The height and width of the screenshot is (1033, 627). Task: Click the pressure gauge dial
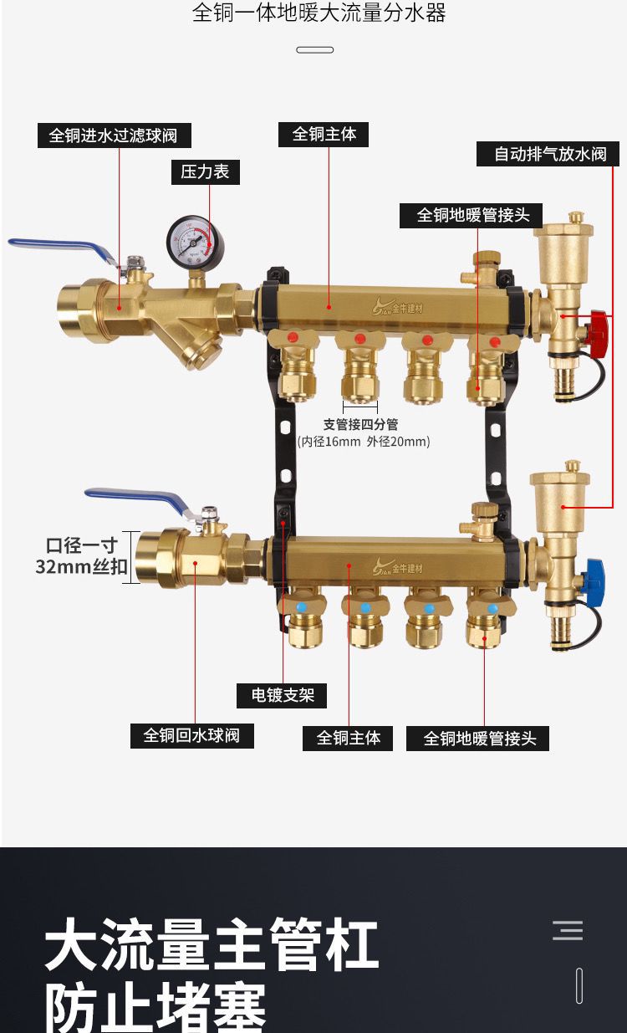(190, 239)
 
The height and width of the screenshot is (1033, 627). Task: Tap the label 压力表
(205, 171)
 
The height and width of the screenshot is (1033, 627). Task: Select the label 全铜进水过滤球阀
(114, 136)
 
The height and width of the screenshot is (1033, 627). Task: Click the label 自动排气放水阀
(549, 155)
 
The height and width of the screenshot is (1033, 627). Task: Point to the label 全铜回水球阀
(191, 735)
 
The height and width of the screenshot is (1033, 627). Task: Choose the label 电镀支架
(282, 695)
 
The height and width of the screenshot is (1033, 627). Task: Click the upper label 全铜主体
(324, 134)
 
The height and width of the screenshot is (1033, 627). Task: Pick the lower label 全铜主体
(348, 738)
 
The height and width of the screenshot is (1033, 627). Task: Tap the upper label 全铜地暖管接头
(473, 215)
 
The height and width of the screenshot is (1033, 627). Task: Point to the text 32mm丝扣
(81, 567)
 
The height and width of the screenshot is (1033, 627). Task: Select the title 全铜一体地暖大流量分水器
(319, 14)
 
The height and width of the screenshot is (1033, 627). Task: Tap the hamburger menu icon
(568, 930)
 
